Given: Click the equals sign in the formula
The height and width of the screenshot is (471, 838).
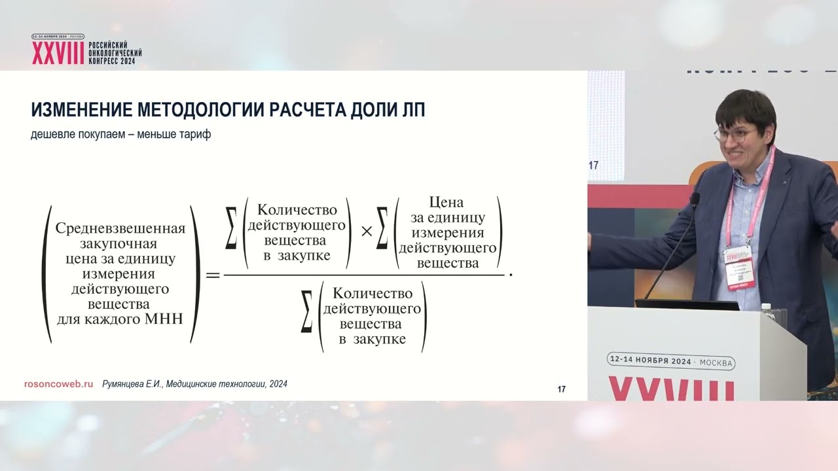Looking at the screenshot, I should (x=213, y=275).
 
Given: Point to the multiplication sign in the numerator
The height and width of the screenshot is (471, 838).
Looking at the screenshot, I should (x=367, y=231).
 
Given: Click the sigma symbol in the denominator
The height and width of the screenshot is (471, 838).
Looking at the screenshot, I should (x=306, y=317).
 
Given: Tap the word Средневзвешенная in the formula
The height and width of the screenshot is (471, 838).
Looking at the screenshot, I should (x=120, y=229).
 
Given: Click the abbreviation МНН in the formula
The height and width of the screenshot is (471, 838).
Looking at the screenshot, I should (x=167, y=320).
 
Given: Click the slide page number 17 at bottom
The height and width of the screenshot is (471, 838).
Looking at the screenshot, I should (x=561, y=390).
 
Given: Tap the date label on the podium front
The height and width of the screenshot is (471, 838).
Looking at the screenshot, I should (x=671, y=361).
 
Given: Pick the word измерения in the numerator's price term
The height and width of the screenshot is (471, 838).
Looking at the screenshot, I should (x=448, y=233).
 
